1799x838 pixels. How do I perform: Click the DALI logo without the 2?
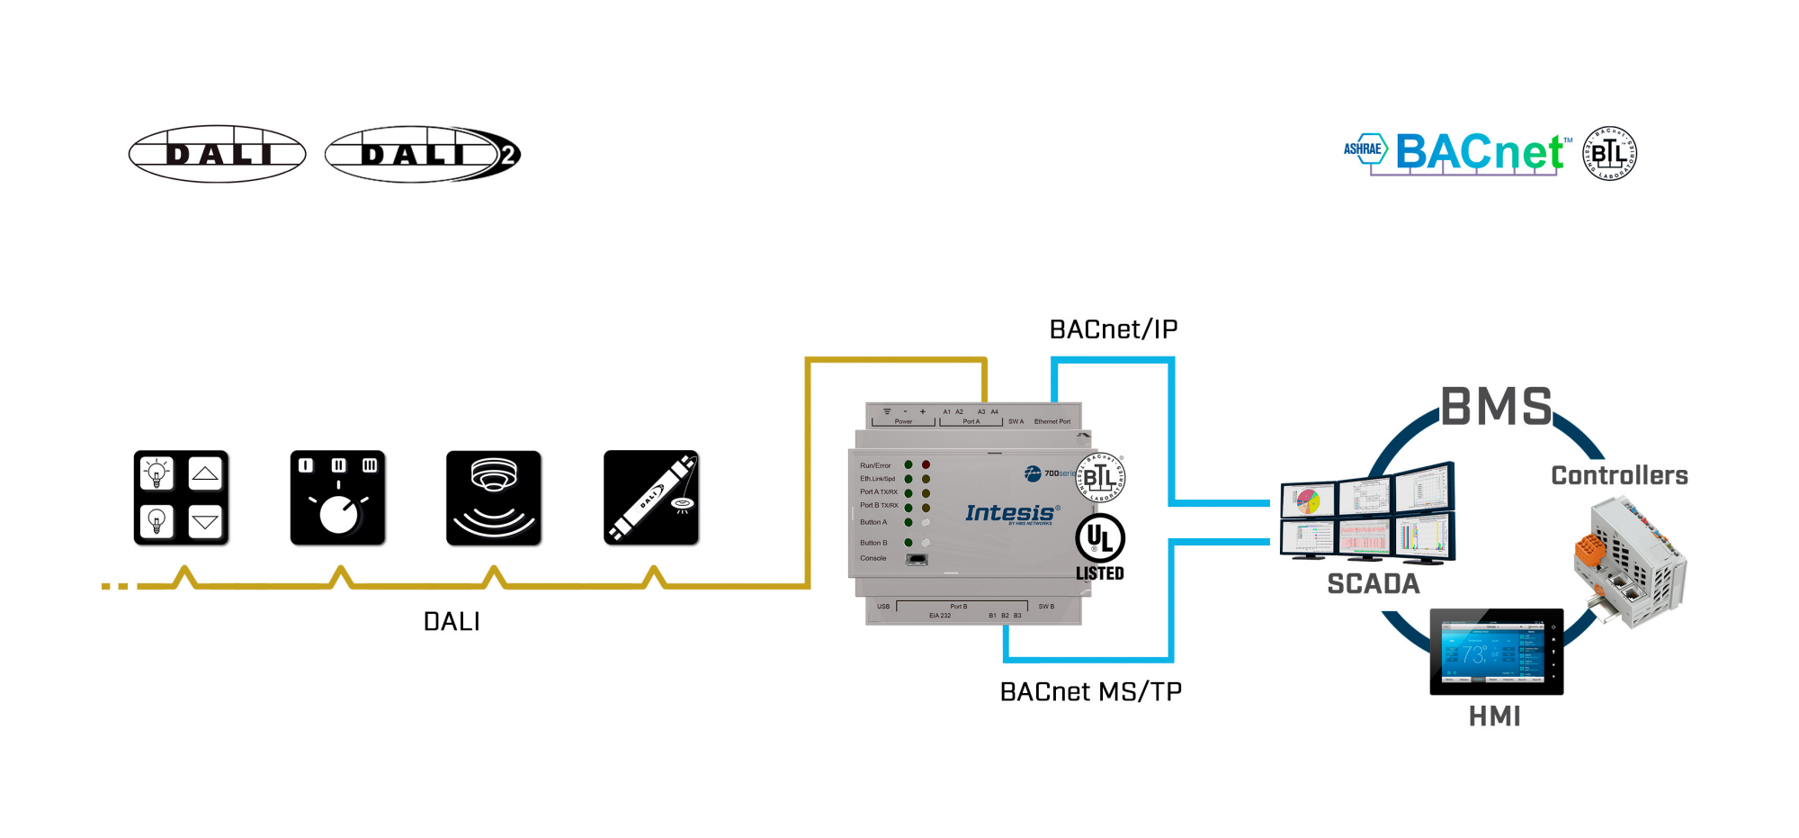218,154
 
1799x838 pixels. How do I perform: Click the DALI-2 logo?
422,154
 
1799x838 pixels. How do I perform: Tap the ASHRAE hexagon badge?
1365,149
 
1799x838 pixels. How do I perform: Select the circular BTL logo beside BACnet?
1609,153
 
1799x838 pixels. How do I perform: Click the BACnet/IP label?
1113,329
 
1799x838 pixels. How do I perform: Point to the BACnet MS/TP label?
1090,691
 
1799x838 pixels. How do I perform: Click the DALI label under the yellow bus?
452,621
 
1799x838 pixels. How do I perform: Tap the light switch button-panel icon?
181,498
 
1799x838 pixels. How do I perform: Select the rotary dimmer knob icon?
337,498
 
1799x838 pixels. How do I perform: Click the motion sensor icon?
494,498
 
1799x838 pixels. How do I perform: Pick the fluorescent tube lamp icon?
650,498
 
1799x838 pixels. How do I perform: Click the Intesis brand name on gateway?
1010,513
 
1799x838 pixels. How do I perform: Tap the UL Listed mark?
1099,547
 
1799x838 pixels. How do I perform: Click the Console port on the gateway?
917,559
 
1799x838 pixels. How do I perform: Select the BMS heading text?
1496,407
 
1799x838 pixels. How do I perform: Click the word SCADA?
1373,584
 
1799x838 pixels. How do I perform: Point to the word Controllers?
1619,475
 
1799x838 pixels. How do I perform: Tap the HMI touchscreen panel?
1496,652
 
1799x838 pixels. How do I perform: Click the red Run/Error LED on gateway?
926,465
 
